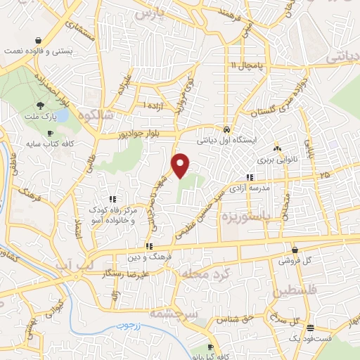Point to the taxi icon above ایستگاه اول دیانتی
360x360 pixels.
coord(226,130)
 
